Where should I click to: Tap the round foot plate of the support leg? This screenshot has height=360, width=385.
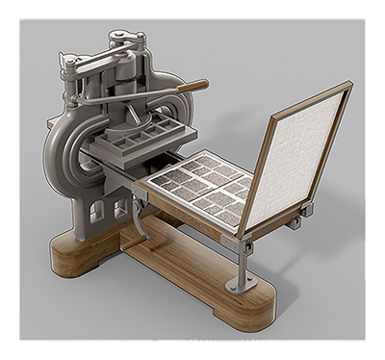click(x=240, y=286)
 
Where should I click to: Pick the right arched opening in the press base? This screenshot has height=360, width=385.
click(x=119, y=207)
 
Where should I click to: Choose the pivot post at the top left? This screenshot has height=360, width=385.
click(x=70, y=65)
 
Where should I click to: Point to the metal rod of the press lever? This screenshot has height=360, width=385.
click(x=135, y=96)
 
